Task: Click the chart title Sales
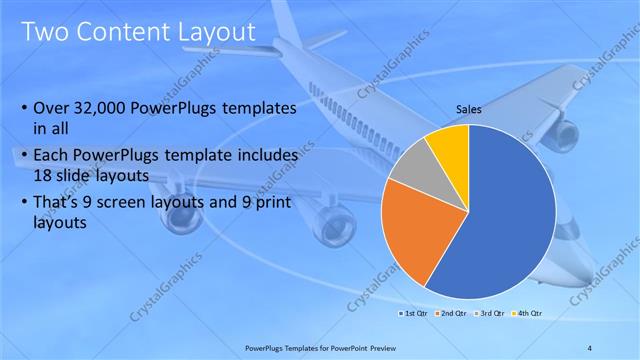[x=468, y=111]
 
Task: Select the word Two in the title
[x=46, y=31]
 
